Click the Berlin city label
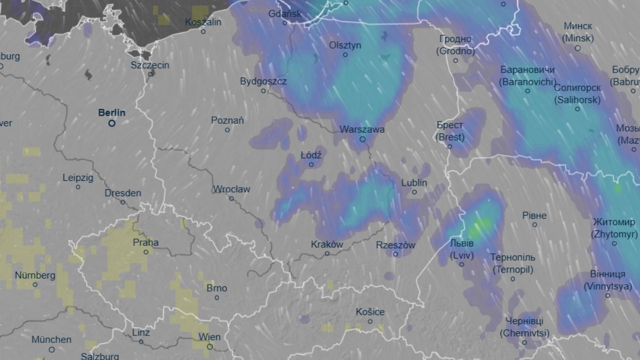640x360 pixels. [x=112, y=113]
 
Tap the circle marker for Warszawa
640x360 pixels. [x=363, y=139]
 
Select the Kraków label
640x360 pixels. [x=326, y=244]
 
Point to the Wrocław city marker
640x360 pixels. [x=231, y=198]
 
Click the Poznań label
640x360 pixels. [x=228, y=121]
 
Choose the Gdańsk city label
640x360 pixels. [x=285, y=14]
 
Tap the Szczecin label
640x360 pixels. [x=150, y=65]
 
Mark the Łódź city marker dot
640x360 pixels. [x=311, y=164]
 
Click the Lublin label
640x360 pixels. [x=414, y=183]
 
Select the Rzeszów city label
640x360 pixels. [x=396, y=245]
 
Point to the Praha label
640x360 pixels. [x=146, y=243]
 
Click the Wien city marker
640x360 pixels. [x=210, y=346]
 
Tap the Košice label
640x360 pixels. [x=371, y=312]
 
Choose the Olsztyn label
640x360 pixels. [x=345, y=45]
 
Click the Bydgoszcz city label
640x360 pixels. [x=263, y=82]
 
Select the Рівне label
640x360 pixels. [x=534, y=215]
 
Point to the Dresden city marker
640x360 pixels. [x=123, y=202]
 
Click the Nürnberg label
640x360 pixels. [x=35, y=276]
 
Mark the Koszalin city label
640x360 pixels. [x=203, y=22]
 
